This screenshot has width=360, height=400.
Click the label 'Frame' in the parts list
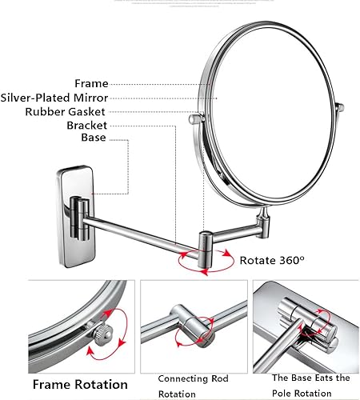(91, 82)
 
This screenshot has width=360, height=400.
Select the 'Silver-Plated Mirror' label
(55, 97)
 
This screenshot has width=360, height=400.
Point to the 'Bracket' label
(86, 126)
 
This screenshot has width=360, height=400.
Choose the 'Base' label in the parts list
(93, 138)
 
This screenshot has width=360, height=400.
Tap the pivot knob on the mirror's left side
(193, 120)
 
